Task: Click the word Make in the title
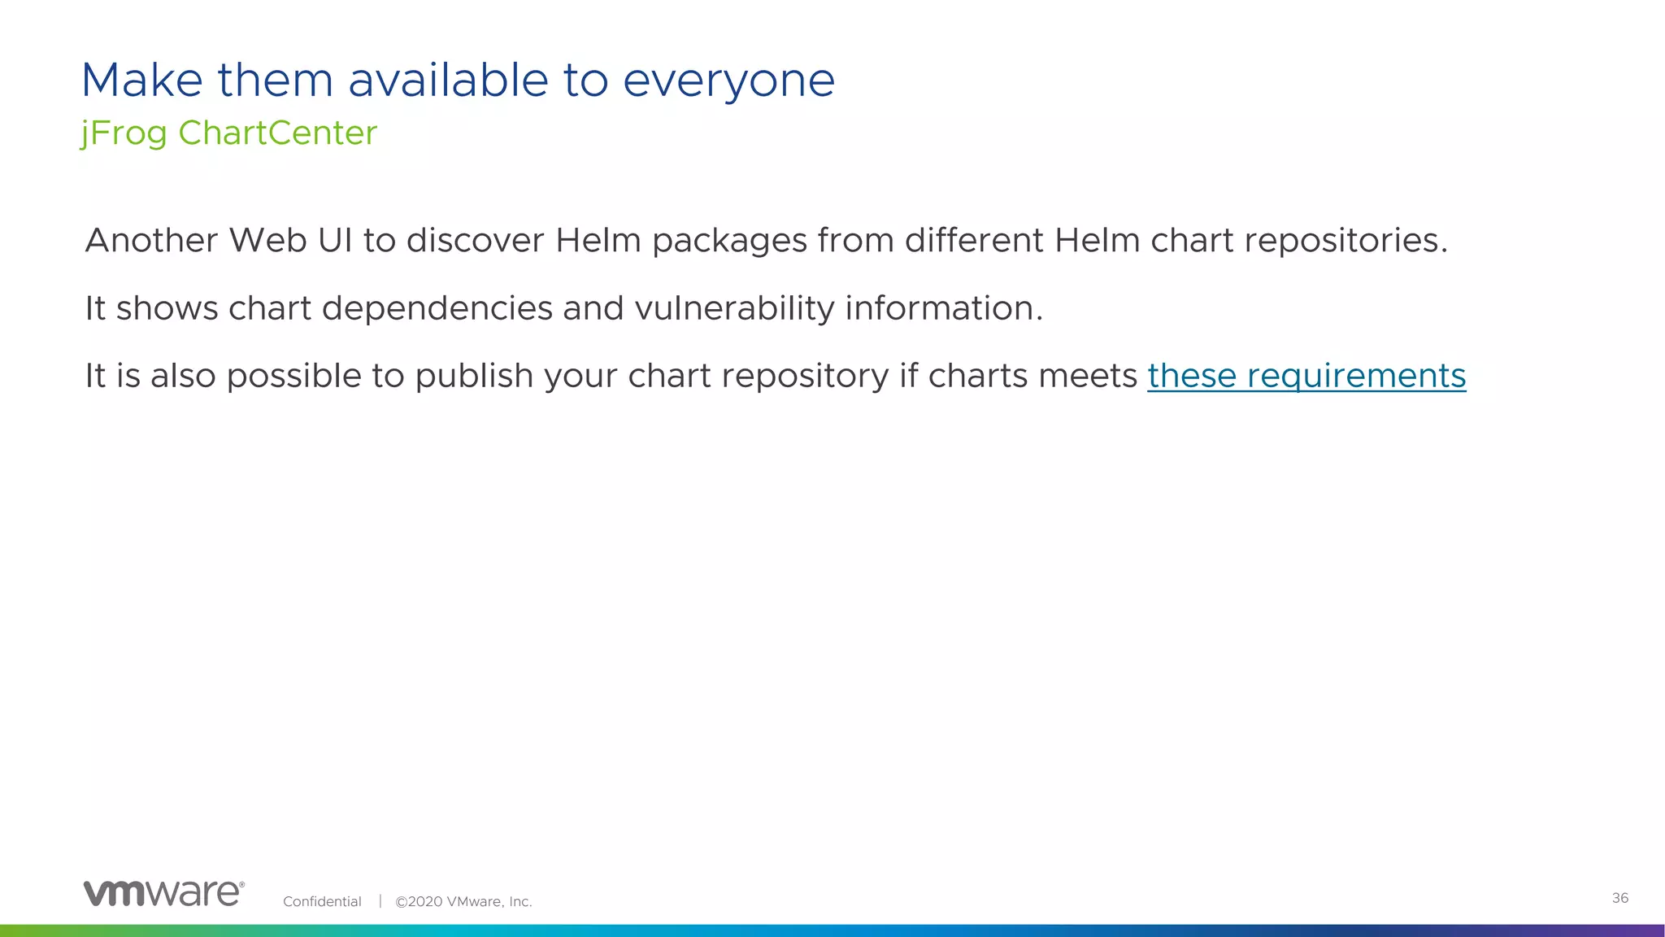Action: click(x=142, y=81)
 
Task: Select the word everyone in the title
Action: click(x=728, y=81)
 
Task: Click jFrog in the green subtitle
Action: click(x=124, y=133)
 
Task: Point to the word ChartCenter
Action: click(x=278, y=133)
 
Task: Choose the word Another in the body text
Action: click(x=151, y=241)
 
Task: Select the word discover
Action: click(x=475, y=241)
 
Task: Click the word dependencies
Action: click(x=437, y=309)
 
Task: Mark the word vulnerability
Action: click(x=733, y=309)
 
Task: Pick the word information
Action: click(x=943, y=309)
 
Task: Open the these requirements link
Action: click(x=1306, y=377)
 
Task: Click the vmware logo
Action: click(x=163, y=893)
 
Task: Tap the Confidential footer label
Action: click(x=322, y=901)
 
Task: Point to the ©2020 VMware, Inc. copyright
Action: click(x=463, y=901)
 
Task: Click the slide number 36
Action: click(x=1619, y=898)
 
